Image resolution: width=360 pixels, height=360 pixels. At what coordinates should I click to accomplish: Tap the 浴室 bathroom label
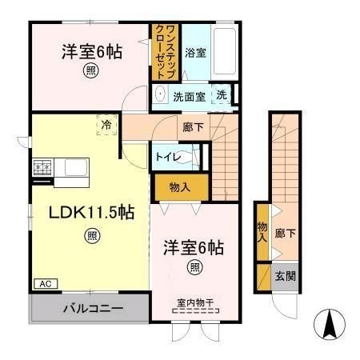195,54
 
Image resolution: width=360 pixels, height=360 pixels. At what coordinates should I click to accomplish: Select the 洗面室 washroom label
190,96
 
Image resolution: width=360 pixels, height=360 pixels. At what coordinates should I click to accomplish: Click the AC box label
44,283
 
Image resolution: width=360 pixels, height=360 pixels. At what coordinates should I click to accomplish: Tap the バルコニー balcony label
90,308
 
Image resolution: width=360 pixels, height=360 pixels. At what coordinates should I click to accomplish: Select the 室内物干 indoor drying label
194,302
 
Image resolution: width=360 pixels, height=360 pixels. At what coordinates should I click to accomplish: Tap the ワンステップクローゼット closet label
166,51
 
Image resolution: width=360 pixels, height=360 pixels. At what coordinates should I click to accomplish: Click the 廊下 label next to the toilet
191,127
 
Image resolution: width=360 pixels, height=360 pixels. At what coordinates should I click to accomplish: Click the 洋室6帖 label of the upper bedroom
93,54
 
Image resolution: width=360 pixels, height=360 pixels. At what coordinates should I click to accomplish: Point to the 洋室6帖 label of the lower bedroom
194,246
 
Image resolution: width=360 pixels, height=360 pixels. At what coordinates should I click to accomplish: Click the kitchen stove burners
42,169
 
